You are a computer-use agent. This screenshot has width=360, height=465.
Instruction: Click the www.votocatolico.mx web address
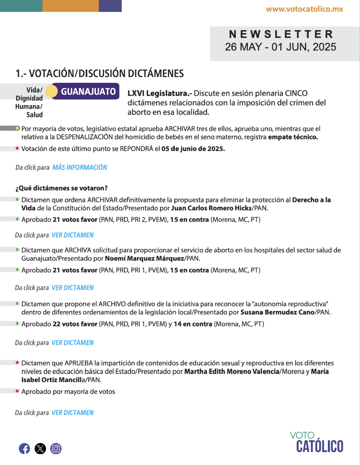coord(304,9)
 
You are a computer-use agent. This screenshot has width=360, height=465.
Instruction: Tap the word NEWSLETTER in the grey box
coord(281,34)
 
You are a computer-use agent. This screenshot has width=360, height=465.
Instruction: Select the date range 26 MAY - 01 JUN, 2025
coord(281,47)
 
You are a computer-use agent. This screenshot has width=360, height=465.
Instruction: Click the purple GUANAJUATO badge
coord(88,91)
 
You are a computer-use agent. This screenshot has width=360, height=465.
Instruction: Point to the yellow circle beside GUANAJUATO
coord(51,91)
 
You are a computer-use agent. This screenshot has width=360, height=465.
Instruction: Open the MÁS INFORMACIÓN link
coord(80,167)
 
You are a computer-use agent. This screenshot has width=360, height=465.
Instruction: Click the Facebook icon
coord(24,448)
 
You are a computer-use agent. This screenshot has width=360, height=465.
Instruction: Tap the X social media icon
coord(40,448)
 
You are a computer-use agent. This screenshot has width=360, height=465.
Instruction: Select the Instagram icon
coord(56,448)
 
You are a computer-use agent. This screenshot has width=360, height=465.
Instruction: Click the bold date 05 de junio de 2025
coord(193,149)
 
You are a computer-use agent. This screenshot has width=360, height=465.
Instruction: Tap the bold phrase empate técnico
coord(293,137)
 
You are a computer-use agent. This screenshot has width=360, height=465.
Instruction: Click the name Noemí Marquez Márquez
coord(144,258)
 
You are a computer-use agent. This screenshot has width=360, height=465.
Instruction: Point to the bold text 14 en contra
coord(193,324)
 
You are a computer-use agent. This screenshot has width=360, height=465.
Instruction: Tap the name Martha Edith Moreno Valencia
coord(232,371)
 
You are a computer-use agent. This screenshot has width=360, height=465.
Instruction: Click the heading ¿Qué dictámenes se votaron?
coord(62,188)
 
